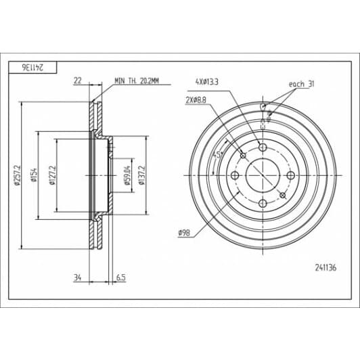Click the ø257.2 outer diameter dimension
click(x=17, y=175)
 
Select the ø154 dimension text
click(x=35, y=175)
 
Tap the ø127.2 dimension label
click(x=52, y=175)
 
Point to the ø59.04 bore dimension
click(x=127, y=175)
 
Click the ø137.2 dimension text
click(x=142, y=175)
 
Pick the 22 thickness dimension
click(x=78, y=81)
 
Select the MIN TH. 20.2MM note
click(x=137, y=81)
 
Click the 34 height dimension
click(x=78, y=278)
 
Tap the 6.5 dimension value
click(x=121, y=278)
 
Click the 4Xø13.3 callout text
click(x=207, y=82)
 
